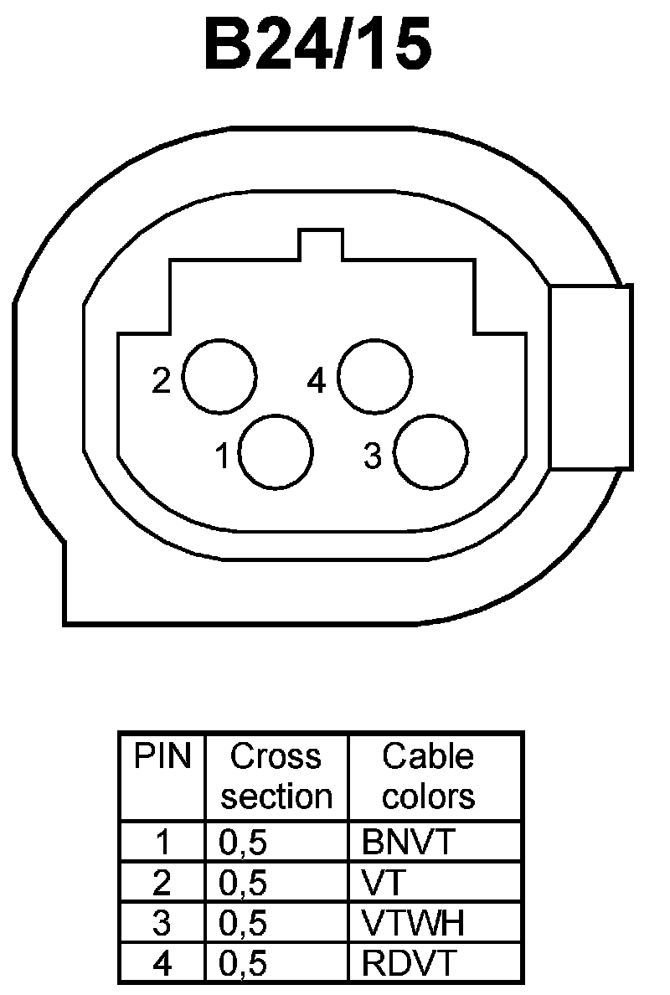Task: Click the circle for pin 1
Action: [276, 452]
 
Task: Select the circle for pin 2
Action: [219, 376]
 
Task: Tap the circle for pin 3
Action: [431, 452]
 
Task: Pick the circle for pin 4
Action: [374, 376]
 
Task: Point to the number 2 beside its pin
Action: [161, 381]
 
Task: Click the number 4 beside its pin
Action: [316, 381]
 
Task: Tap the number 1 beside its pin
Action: [222, 457]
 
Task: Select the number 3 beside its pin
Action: [373, 457]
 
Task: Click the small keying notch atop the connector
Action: [320, 245]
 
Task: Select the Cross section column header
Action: [276, 776]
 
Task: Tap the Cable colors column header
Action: [428, 776]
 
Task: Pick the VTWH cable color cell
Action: [413, 923]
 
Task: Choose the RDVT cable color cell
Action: [410, 963]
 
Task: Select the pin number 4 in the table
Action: [162, 963]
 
